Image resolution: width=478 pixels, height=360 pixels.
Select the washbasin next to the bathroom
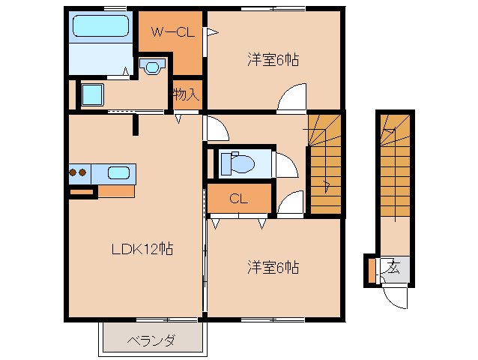pyautogui.click(x=154, y=67)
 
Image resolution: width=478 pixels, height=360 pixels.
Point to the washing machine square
pyautogui.click(x=92, y=95)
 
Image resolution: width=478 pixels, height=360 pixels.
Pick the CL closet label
pyautogui.click(x=238, y=199)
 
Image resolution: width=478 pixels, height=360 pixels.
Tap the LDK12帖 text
pyautogui.click(x=140, y=248)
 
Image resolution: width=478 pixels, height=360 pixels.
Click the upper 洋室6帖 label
pyautogui.click(x=273, y=60)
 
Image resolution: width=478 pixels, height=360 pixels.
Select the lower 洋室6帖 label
pyautogui.click(x=273, y=266)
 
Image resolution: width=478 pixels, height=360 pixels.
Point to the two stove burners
pyautogui.click(x=78, y=172)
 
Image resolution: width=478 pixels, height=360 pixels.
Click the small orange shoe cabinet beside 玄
pyautogui.click(x=372, y=269)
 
